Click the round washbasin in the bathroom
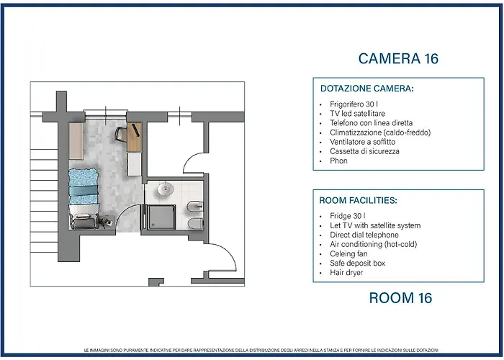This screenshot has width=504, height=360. click(166, 189)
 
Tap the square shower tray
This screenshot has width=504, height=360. click(162, 217)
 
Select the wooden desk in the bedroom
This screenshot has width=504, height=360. click(135, 137)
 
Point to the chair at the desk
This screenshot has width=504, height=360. click(121, 134)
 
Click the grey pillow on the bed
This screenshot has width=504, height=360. click(83, 222)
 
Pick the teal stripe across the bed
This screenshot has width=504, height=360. click(84, 190)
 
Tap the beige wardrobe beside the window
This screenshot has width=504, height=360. click(76, 141)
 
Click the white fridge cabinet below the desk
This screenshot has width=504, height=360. click(135, 164)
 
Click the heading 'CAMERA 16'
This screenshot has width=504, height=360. click(398, 58)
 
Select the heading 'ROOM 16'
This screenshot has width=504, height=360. click(400, 298)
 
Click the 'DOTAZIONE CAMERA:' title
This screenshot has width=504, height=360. click(366, 89)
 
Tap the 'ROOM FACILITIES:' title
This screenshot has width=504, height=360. click(358, 201)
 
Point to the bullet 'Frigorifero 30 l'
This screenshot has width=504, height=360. click(354, 104)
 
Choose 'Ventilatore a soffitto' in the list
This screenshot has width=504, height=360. click(363, 142)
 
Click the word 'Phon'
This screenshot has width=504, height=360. click(338, 161)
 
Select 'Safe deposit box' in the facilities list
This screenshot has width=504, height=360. click(357, 264)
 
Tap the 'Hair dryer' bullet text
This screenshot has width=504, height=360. click(346, 273)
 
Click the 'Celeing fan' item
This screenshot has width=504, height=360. click(348, 254)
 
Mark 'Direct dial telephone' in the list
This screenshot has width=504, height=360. click(364, 235)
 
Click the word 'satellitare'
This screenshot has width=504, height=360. click(369, 114)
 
